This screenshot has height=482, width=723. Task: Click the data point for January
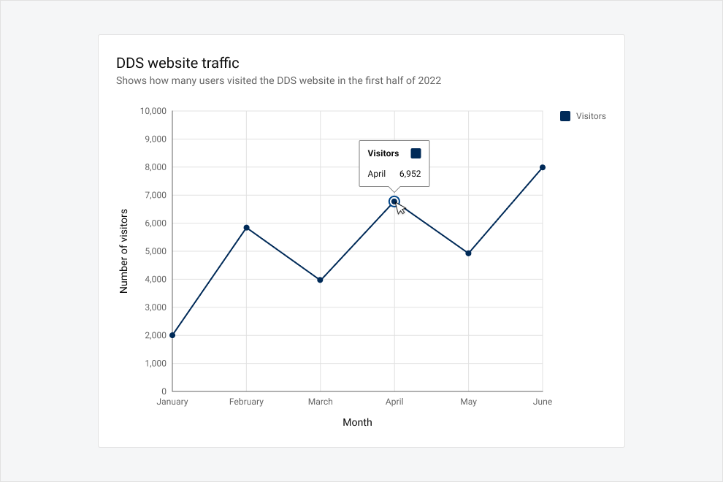tap(172, 335)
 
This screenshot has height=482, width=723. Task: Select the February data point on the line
tap(246, 228)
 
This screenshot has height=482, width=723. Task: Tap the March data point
tap(321, 280)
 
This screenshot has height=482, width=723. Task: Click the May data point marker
tap(468, 253)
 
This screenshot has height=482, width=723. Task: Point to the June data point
tap(542, 167)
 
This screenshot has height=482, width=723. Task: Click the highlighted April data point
tap(394, 202)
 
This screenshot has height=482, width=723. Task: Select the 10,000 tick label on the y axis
tap(153, 111)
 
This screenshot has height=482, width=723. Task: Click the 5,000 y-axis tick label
tap(156, 251)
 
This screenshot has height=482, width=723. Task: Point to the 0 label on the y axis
tap(164, 391)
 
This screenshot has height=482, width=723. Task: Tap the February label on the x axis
tap(246, 402)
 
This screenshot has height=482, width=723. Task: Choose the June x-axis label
tap(542, 402)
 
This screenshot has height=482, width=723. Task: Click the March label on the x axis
tap(321, 402)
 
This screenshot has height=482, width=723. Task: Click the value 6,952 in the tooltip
tap(410, 174)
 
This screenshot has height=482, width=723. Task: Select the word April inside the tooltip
tap(377, 174)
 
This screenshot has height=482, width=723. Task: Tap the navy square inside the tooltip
tap(416, 153)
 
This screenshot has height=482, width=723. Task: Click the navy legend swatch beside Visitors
tap(565, 116)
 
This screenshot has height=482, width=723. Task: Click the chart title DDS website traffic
tap(177, 63)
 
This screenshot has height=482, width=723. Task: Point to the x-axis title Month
tap(357, 423)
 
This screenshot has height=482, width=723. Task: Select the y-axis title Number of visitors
tap(123, 251)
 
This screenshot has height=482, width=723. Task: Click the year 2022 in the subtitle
tap(429, 81)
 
